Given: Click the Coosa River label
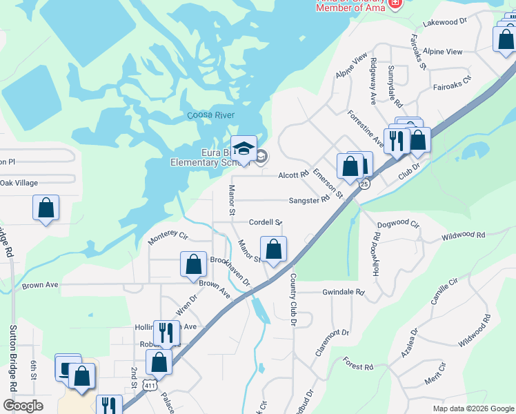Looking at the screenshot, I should [x=211, y=115].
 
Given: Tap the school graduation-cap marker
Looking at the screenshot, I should [x=244, y=150].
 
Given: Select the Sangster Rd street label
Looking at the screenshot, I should [x=309, y=200].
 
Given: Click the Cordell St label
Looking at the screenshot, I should [x=266, y=222].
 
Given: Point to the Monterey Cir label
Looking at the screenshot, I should [x=168, y=239].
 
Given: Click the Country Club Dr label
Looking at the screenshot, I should [x=293, y=296].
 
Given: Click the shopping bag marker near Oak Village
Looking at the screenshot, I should [x=46, y=207].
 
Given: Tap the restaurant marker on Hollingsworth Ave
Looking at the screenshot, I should [x=166, y=333].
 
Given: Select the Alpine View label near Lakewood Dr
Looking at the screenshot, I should [x=443, y=52].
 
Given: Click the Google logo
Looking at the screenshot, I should [x=23, y=406].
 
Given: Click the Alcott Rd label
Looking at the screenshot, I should [x=293, y=175].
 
